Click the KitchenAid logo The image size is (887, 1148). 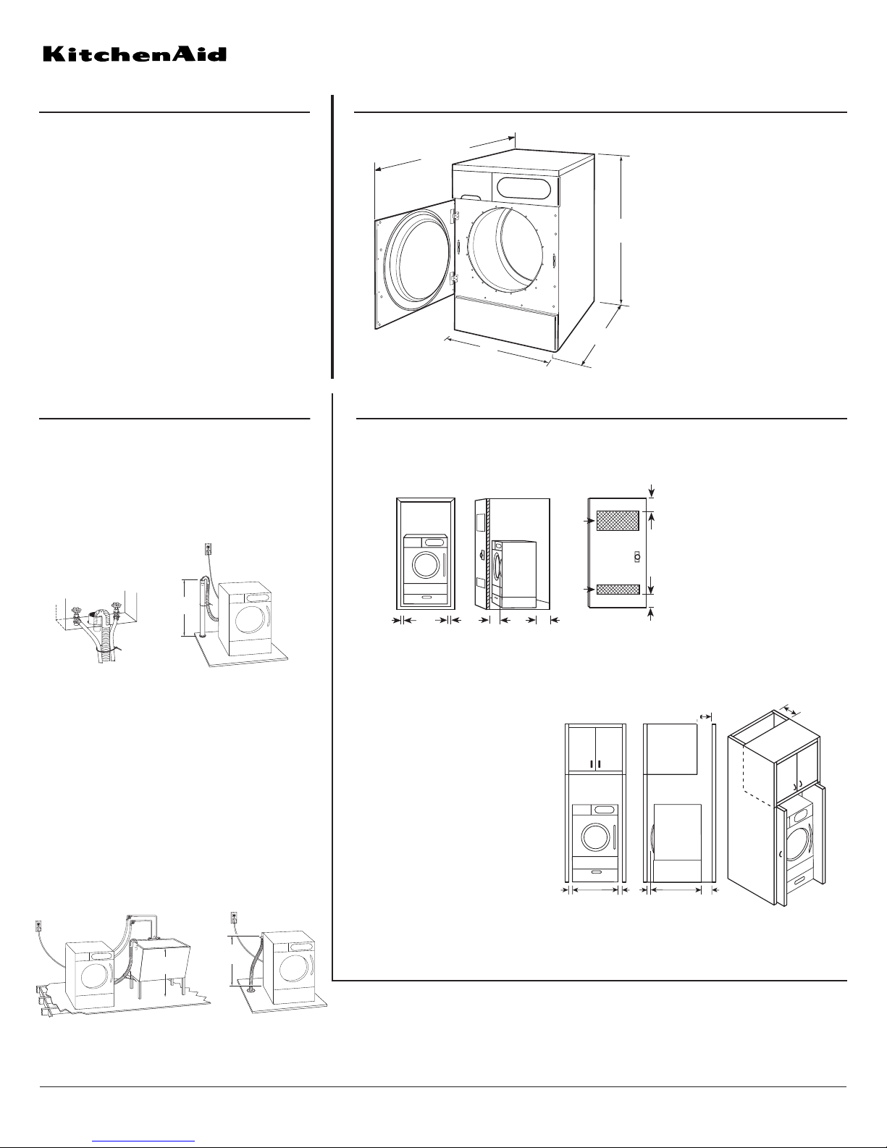point(135,54)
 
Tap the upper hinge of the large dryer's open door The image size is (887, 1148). point(454,216)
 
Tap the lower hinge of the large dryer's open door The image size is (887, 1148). point(454,278)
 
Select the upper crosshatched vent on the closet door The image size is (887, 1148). point(618,520)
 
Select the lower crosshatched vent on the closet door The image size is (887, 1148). point(618,589)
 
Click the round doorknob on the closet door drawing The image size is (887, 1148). point(636,557)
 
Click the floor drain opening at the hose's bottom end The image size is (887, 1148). point(251,986)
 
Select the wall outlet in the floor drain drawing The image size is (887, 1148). point(234,917)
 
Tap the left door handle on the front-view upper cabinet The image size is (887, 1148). point(592,764)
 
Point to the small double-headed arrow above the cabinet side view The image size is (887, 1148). point(705,716)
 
